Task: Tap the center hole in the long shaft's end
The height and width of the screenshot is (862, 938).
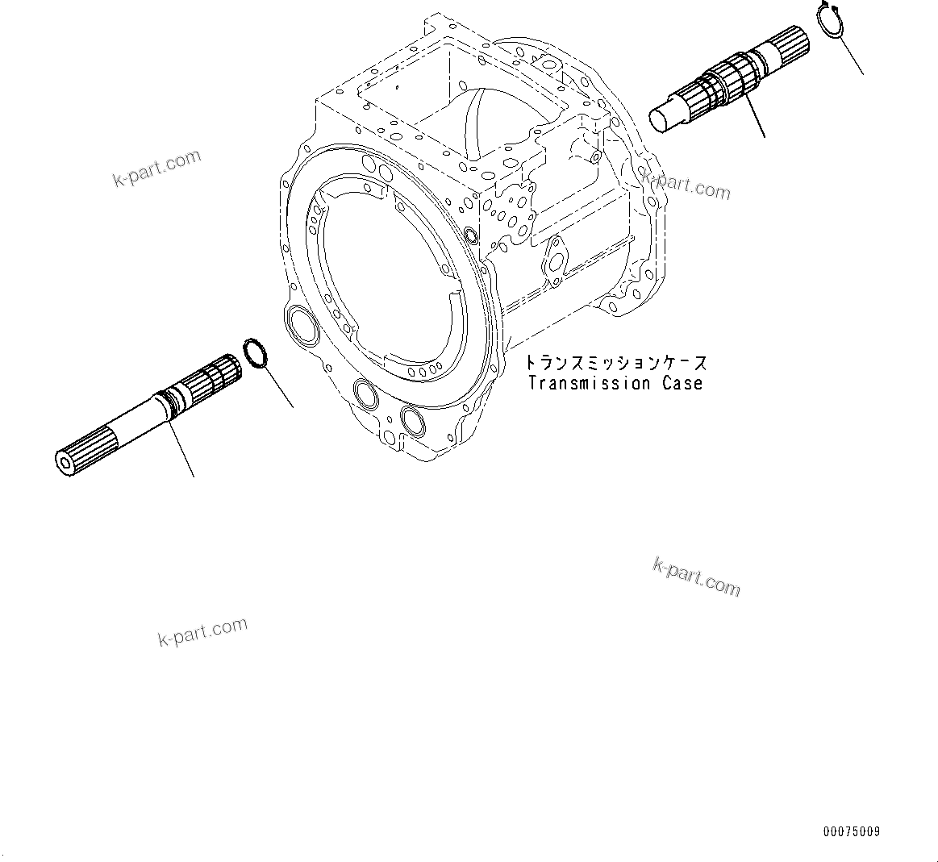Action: coord(64,461)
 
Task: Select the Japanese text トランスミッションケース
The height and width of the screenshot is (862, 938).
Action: coord(615,363)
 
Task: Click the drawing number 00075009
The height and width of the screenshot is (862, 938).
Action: coord(853,831)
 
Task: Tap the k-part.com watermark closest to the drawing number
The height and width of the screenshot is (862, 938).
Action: coord(696,577)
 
